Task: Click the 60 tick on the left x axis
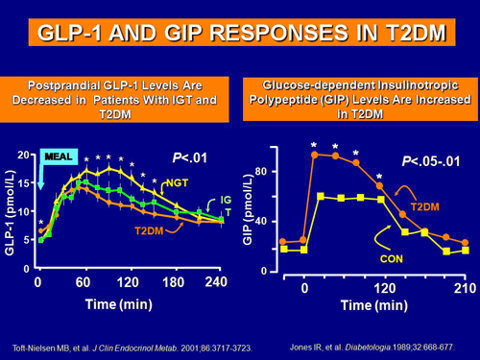tap(84, 283)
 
